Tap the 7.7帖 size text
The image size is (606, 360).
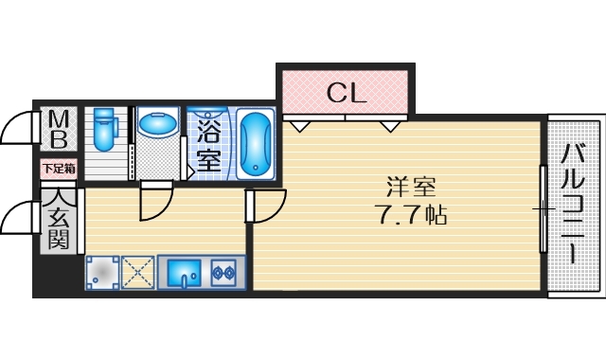tap(408, 213)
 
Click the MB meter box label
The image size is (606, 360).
tap(58, 130)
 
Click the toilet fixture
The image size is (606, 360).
tap(104, 130)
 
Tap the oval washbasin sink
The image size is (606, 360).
tap(157, 123)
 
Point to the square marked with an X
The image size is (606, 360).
tap(138, 273)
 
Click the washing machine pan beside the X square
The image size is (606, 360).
tap(103, 273)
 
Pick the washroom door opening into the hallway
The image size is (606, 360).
tap(154, 201)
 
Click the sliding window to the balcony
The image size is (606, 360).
tap(543, 208)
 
